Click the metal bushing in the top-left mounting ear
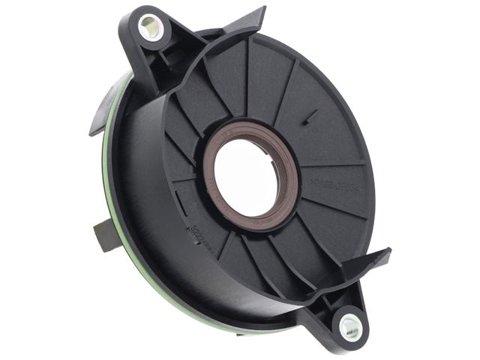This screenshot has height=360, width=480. [x=150, y=27]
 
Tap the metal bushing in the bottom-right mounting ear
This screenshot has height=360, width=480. [x=349, y=326]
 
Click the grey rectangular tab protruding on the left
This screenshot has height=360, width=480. [x=106, y=235]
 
